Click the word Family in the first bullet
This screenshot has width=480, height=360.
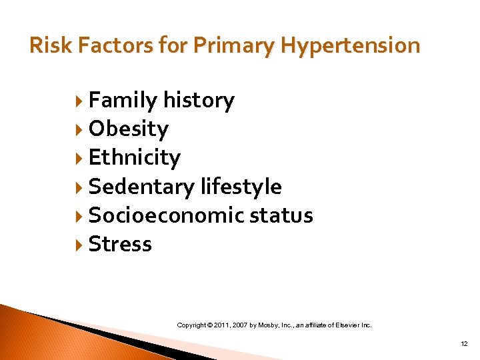point(123,100)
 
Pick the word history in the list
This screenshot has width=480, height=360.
point(199,100)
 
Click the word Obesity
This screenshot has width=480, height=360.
point(128,129)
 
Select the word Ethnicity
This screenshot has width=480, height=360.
point(134,157)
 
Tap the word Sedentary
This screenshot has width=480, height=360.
point(142,187)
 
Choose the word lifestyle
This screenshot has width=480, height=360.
point(241,187)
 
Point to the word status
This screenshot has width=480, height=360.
point(281,215)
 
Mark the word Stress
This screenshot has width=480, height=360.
point(120,244)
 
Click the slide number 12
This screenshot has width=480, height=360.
point(463,343)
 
